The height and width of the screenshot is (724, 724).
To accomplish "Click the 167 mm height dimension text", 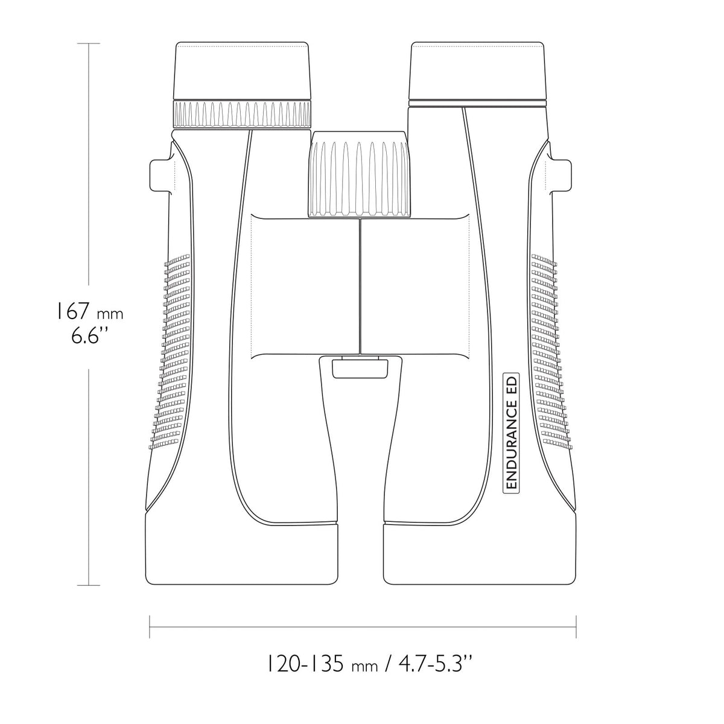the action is (90, 312).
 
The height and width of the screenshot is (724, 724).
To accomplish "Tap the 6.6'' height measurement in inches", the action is (90, 336).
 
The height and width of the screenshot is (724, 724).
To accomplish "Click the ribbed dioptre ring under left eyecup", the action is (242, 114).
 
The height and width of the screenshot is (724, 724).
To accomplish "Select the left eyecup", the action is (242, 71).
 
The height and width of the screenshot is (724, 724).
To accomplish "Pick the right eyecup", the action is (477, 71).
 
